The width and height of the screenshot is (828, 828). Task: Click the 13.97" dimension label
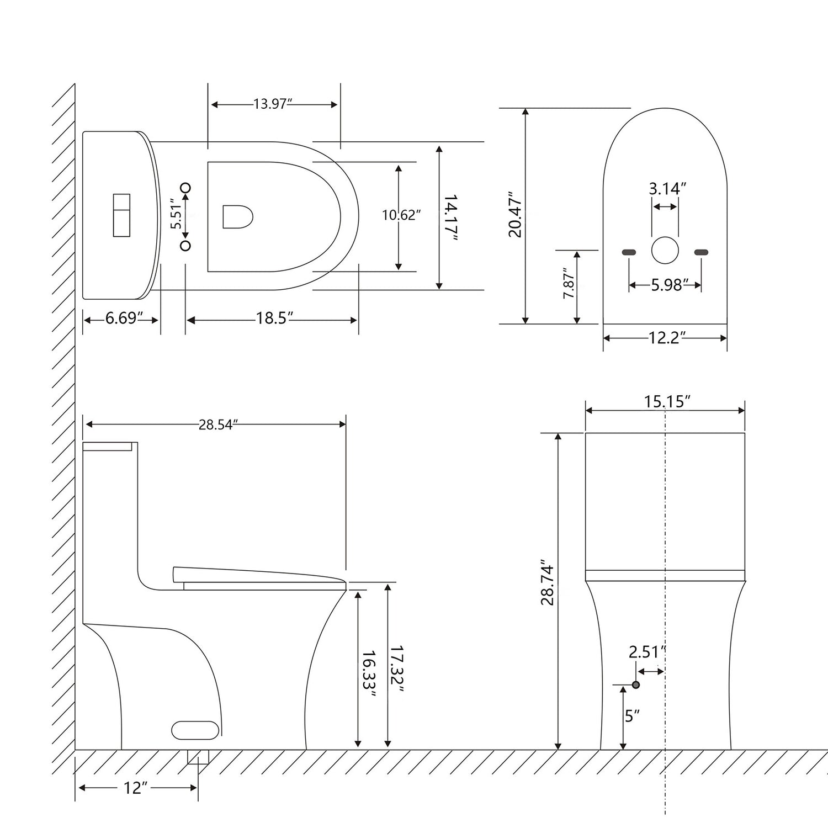point(273,104)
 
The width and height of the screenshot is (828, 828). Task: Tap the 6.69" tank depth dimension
point(121,319)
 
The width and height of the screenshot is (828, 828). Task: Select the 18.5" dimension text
point(274,319)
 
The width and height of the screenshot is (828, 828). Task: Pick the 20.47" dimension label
point(514,215)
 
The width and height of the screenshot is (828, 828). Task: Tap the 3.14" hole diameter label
point(667,189)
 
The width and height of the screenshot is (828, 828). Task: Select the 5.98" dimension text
point(669,285)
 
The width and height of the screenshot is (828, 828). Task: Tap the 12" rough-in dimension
point(132,788)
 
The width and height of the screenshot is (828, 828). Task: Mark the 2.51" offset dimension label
point(644,652)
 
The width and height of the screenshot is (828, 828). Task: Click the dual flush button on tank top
point(121,215)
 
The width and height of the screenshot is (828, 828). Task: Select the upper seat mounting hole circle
point(185,188)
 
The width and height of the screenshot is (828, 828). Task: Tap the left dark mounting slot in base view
point(629,252)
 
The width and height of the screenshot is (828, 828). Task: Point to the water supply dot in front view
point(636,684)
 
